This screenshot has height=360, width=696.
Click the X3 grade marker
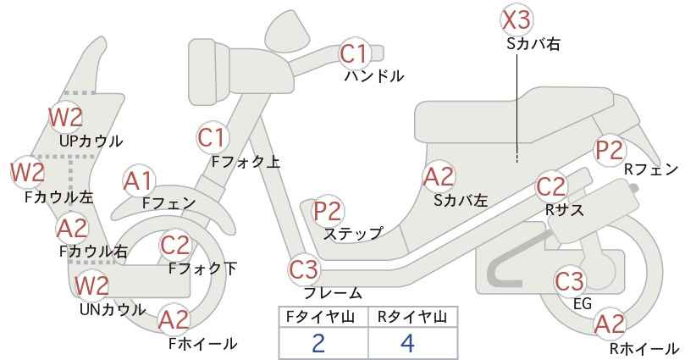coord(516,20)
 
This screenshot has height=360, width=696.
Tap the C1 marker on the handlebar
coord(355,53)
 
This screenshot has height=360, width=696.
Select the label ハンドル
coord(374,76)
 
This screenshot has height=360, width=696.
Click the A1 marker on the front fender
coord(140,181)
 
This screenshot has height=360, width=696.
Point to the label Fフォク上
coord(246,162)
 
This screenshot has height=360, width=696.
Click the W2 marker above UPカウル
coord(66,117)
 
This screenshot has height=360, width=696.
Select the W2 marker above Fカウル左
coord(28,172)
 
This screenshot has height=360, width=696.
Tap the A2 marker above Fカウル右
coord(73,228)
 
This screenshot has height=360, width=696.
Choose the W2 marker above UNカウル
coord(91,285)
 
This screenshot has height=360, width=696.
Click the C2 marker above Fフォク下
coord(175,246)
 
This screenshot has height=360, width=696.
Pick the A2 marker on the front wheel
coord(174,320)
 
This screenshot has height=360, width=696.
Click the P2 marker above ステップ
coord(328,212)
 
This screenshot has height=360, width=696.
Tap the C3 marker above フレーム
coord(305,270)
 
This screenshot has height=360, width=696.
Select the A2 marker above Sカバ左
coord(439,177)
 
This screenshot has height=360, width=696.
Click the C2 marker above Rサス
coord(551,187)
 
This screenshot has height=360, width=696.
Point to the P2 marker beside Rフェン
coord(610,150)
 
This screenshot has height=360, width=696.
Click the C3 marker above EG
coord(570,281)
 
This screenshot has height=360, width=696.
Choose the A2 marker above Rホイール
coord(610,324)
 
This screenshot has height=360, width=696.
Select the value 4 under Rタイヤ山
coord(407,343)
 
